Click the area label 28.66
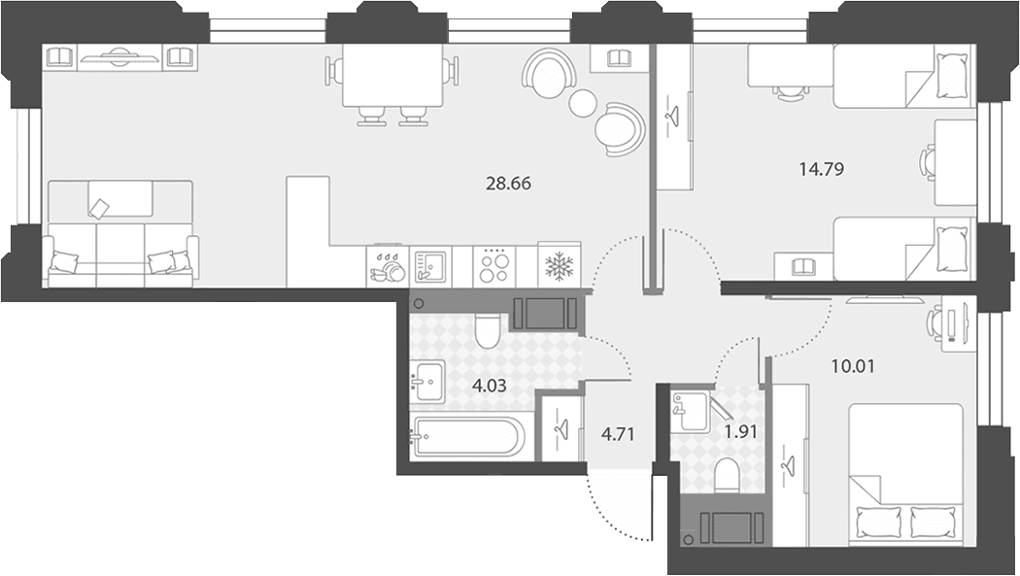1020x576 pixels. (508, 184)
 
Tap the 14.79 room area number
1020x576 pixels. (821, 170)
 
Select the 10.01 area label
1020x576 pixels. (853, 366)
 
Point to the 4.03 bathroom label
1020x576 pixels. (490, 387)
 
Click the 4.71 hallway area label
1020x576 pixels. (617, 433)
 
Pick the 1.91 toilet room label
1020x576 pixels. (740, 430)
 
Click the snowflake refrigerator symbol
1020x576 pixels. (560, 265)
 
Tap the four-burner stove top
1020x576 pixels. (494, 265)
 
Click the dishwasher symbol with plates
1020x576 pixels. (387, 266)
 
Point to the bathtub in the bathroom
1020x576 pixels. (467, 437)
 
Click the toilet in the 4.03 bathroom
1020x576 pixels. (486, 329)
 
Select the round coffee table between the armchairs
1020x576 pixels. (582, 103)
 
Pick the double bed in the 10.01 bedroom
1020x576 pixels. (905, 474)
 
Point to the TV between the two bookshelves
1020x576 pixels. (119, 57)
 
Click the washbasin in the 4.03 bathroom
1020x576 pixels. (426, 382)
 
